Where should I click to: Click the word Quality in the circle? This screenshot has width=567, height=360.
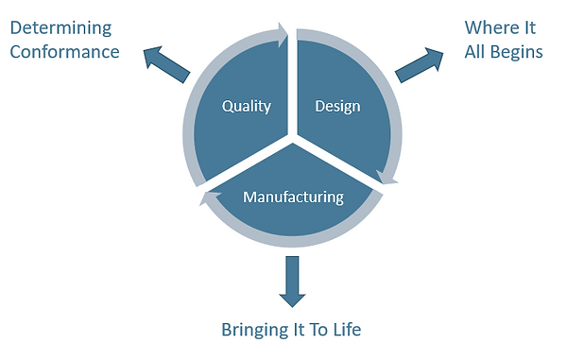[x=246, y=106]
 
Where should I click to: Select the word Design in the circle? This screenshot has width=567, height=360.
[x=337, y=106]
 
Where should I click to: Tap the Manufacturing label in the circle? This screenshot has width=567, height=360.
[x=293, y=197]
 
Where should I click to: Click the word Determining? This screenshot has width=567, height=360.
[x=60, y=27]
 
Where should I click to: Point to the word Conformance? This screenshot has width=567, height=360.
[x=64, y=51]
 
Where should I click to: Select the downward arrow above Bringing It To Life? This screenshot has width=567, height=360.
[x=292, y=281]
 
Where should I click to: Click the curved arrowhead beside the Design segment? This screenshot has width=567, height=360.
[x=387, y=174]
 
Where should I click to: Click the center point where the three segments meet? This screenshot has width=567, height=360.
[x=293, y=138]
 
